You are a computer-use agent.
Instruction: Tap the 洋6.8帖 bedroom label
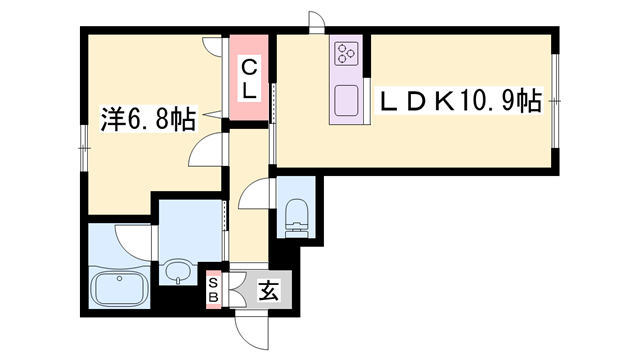(149, 119)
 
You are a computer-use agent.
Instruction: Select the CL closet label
(249, 79)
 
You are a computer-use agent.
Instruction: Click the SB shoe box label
(213, 289)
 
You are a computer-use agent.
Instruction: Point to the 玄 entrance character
(269, 290)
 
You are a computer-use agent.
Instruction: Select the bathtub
(119, 290)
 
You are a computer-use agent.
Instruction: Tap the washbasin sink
(178, 271)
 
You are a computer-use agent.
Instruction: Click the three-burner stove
(346, 53)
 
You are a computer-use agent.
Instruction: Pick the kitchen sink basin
(346, 101)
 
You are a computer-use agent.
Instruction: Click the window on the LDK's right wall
(555, 100)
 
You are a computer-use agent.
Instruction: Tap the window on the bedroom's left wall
(84, 148)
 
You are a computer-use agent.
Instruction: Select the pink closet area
(249, 78)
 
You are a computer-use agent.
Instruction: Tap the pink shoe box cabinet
(213, 289)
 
